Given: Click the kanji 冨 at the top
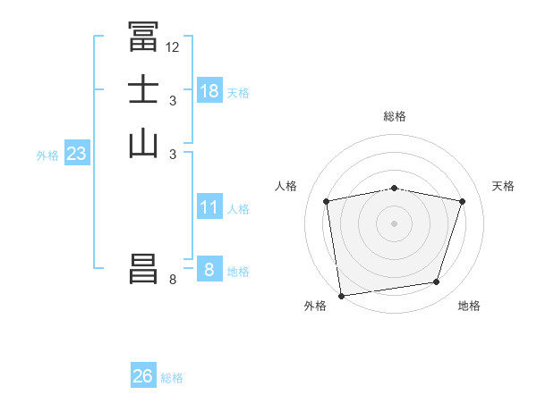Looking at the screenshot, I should pyautogui.click(x=143, y=37).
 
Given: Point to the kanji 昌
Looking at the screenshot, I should pyautogui.click(x=143, y=270).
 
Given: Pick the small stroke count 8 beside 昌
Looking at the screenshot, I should pyautogui.click(x=173, y=281).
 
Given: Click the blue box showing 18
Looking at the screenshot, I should pyautogui.click(x=209, y=91).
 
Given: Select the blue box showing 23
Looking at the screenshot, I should pyautogui.click(x=76, y=154).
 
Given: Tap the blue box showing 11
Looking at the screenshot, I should pyautogui.click(x=209, y=207).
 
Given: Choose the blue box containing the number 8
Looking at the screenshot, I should pyautogui.click(x=209, y=270).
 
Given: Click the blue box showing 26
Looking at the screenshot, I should pyautogui.click(x=142, y=376).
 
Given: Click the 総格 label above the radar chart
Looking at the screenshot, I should pyautogui.click(x=395, y=116).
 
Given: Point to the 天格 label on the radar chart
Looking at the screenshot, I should pyautogui.click(x=503, y=186).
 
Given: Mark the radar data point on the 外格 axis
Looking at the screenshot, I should pyautogui.click(x=341, y=295).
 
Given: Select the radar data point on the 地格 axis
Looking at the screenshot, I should pyautogui.click(x=437, y=282).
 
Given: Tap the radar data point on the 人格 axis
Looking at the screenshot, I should pyautogui.click(x=327, y=201).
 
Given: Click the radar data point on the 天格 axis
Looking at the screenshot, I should pyautogui.click(x=463, y=201).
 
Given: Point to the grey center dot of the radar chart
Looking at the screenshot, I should pyautogui.click(x=395, y=223).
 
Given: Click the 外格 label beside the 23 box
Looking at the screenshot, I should pyautogui.click(x=47, y=155).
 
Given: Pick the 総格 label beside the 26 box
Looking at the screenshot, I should pyautogui.click(x=172, y=378).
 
